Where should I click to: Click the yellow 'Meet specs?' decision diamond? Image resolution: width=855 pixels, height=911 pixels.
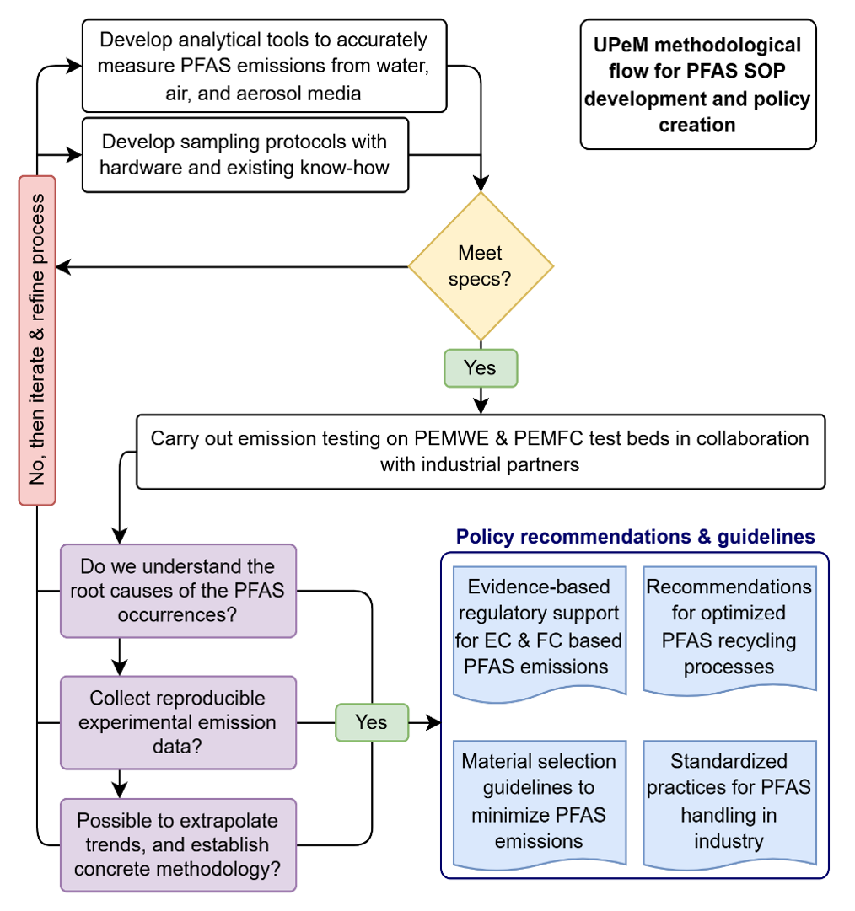tap(481, 266)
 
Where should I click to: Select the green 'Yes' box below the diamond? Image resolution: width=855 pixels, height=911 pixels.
tap(481, 368)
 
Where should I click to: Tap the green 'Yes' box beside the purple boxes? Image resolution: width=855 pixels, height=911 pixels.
tap(372, 722)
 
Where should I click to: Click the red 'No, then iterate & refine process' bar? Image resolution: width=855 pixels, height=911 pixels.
tap(37, 340)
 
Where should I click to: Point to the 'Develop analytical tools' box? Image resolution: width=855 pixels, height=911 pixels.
tap(264, 66)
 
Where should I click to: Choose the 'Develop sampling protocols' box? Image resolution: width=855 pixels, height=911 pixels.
tap(245, 154)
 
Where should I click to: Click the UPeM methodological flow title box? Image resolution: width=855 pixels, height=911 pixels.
tap(697, 84)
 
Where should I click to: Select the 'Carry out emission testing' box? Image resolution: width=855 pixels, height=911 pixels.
tap(480, 451)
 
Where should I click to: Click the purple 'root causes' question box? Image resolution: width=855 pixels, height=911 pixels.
tap(178, 590)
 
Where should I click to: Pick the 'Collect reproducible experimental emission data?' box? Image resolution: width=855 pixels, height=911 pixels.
tap(178, 722)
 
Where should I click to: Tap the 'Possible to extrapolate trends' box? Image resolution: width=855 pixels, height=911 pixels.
tap(178, 844)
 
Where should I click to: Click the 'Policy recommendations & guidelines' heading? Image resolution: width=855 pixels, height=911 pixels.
tap(635, 537)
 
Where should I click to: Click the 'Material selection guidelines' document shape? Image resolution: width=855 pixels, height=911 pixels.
tap(539, 801)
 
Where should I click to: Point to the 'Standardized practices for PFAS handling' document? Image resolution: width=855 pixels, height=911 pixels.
tap(729, 801)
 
